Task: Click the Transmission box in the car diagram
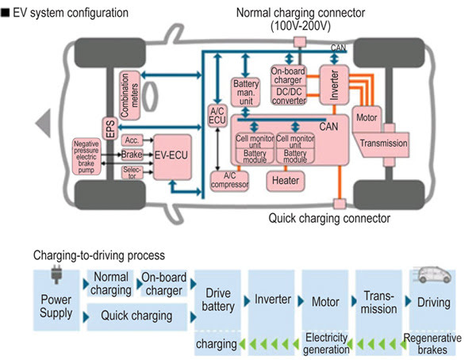384,144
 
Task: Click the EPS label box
109,129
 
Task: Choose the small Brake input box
131,155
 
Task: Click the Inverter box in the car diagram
332,84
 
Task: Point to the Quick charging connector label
329,218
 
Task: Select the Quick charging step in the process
137,316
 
